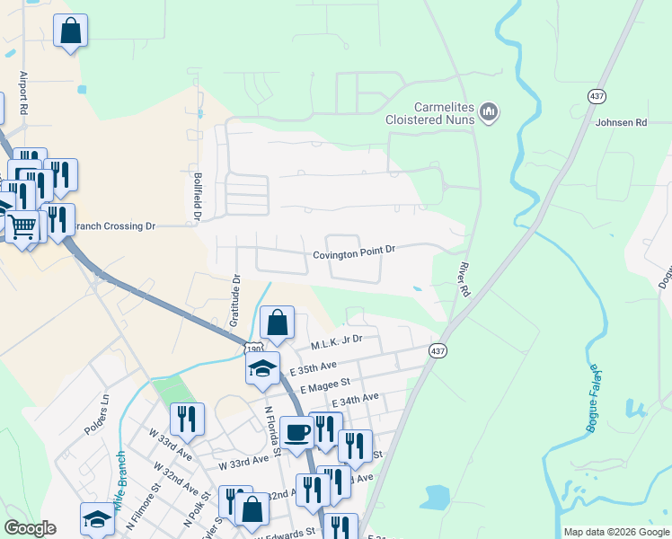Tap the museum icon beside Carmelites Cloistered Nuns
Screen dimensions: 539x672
click(x=489, y=111)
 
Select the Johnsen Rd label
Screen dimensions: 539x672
click(x=620, y=122)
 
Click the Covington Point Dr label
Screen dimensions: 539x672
click(x=354, y=254)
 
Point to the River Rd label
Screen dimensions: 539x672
click(x=464, y=279)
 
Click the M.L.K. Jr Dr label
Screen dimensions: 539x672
click(x=336, y=342)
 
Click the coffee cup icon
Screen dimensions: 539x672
click(x=296, y=432)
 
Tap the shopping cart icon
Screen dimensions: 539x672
click(x=22, y=225)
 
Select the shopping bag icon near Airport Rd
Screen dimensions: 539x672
click(x=70, y=31)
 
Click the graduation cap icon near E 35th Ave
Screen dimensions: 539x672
click(x=262, y=368)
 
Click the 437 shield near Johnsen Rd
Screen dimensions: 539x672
click(x=597, y=95)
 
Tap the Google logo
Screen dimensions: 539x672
click(x=30, y=528)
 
